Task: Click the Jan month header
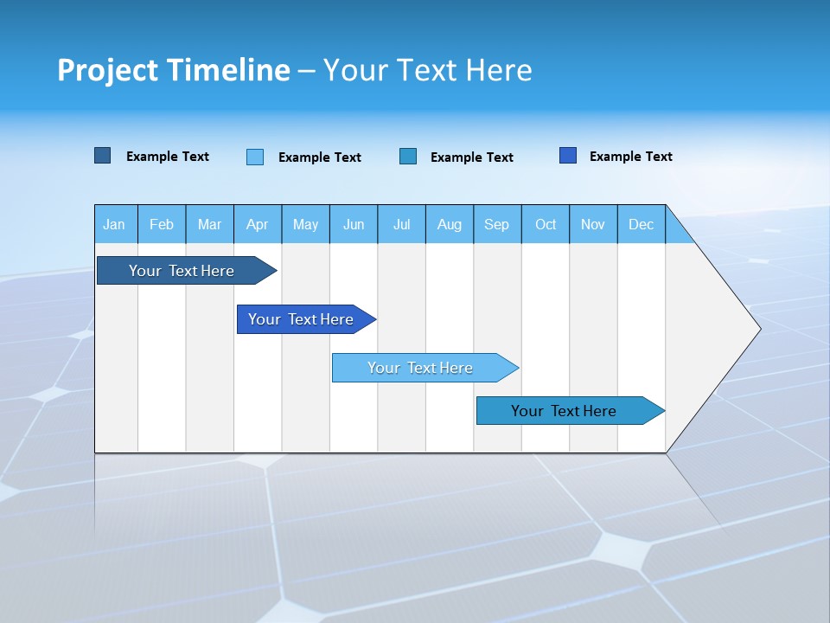click(115, 224)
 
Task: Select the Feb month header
click(162, 224)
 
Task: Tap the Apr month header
click(258, 224)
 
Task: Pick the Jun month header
click(354, 224)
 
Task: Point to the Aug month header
click(450, 224)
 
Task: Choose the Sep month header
click(497, 224)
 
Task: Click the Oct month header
click(546, 224)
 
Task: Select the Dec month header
click(642, 224)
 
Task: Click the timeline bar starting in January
click(182, 271)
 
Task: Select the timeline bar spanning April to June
click(302, 319)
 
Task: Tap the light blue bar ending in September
click(421, 368)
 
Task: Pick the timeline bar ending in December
click(565, 411)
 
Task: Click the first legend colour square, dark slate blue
click(103, 156)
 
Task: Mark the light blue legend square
click(255, 157)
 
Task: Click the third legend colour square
click(408, 157)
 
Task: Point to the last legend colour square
click(568, 156)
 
